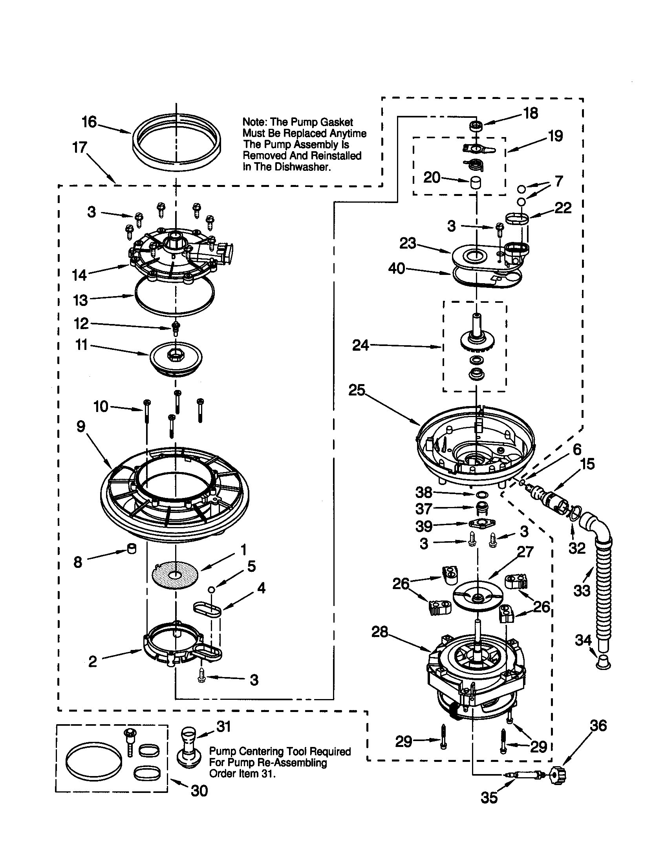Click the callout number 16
coord(89,122)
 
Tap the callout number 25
coord(357,390)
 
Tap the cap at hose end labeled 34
coord(603,662)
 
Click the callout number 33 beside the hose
coord(582,591)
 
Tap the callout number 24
coord(360,345)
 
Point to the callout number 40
coord(397,269)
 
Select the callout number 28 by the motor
coord(380,632)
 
